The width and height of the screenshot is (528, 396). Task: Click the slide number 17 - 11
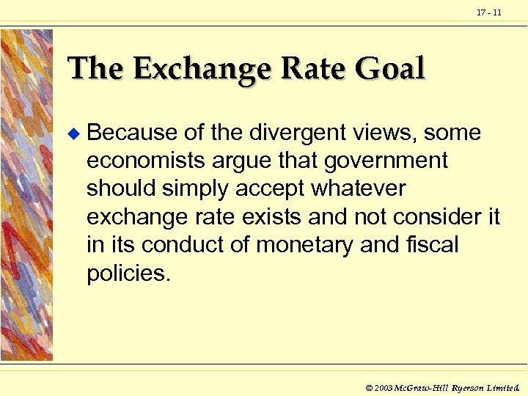[488, 13]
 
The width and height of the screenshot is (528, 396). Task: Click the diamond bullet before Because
[72, 133]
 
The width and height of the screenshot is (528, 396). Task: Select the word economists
[153, 161]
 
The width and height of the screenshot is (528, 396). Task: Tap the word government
[386, 161]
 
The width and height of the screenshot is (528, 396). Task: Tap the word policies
[128, 273]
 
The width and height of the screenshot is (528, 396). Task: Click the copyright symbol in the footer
[369, 386]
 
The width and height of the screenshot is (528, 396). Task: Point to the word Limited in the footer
[504, 386]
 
